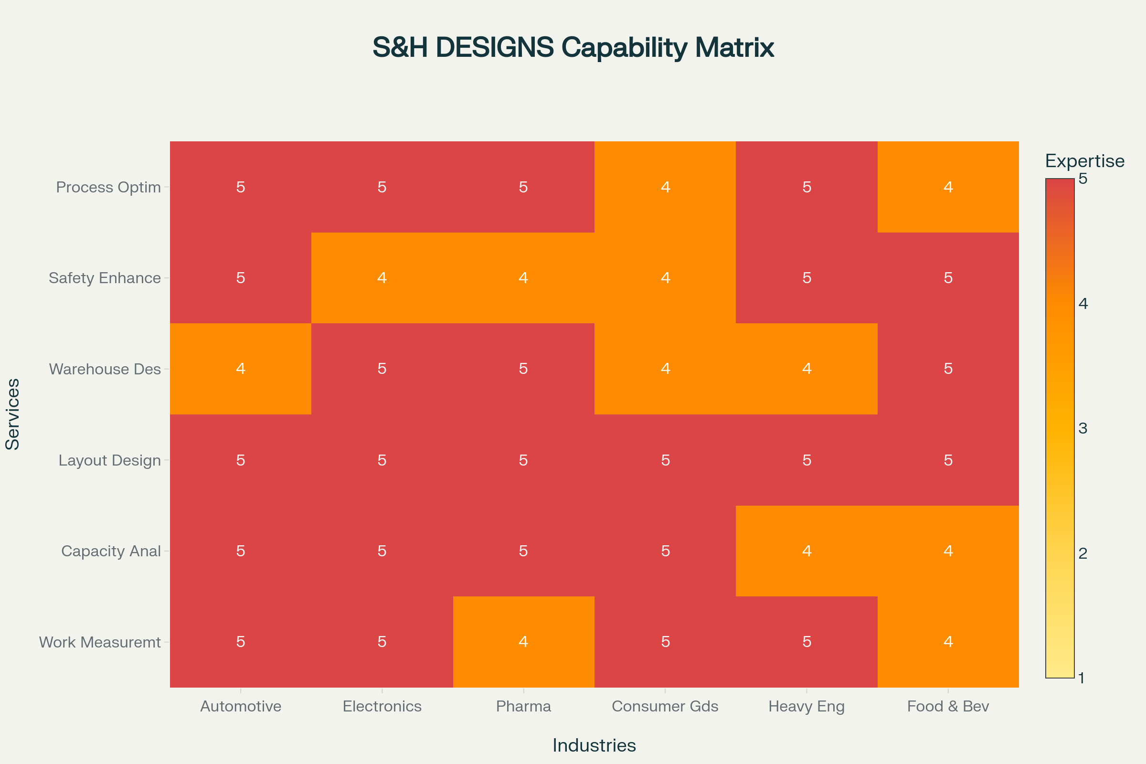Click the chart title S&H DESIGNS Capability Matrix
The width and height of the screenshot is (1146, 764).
pyautogui.click(x=573, y=47)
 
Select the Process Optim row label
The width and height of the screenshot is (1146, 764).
pyautogui.click(x=108, y=187)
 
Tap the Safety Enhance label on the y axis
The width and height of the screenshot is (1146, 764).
pyautogui.click(x=105, y=278)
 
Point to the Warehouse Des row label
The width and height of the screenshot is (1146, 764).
pyautogui.click(x=105, y=369)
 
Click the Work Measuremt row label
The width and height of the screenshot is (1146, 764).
pyautogui.click(x=100, y=642)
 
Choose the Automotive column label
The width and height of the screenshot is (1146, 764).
pyautogui.click(x=241, y=706)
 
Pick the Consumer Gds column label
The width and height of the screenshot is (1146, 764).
pyautogui.click(x=665, y=706)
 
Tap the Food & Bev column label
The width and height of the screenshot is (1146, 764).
pyautogui.click(x=948, y=706)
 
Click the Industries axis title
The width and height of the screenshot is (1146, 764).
pyautogui.click(x=594, y=745)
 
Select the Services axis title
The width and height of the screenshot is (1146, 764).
pyautogui.click(x=13, y=414)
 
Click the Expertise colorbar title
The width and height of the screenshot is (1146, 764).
pyautogui.click(x=1084, y=161)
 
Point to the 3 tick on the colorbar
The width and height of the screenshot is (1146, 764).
pyautogui.click(x=1082, y=428)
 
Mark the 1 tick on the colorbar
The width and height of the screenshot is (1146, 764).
pyautogui.click(x=1081, y=678)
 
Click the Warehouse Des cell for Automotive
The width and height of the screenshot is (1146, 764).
pyautogui.click(x=241, y=369)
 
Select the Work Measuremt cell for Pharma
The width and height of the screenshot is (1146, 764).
pyautogui.click(x=523, y=642)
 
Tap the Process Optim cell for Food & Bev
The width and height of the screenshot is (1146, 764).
pyautogui.click(x=948, y=187)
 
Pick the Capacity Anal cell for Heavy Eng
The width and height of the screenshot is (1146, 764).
pyautogui.click(x=806, y=551)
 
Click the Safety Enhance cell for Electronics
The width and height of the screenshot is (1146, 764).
pyautogui.click(x=382, y=278)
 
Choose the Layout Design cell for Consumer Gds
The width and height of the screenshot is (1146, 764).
pyautogui.click(x=665, y=460)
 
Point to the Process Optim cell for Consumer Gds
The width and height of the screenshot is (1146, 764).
pyautogui.click(x=665, y=187)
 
